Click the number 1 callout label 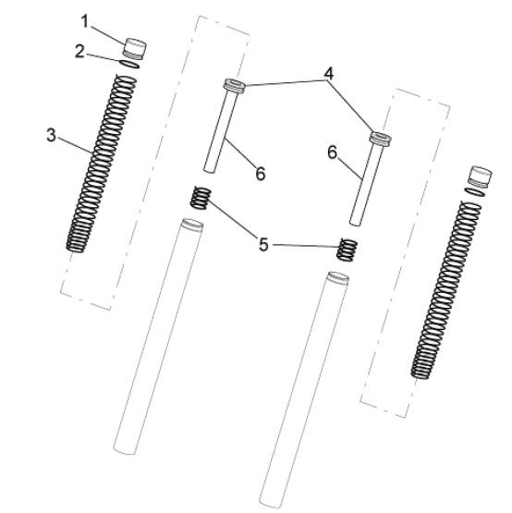click(85, 22)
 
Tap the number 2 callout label click(79, 52)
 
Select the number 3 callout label click(51, 135)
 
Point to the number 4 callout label click(328, 74)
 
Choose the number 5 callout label click(263, 244)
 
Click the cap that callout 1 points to click(134, 49)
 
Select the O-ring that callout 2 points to click(130, 65)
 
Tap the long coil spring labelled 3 click(102, 164)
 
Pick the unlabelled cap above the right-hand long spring click(480, 177)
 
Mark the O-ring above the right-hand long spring click(475, 192)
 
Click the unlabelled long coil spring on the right click(446, 290)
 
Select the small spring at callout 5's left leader click(201, 198)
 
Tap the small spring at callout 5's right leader click(347, 250)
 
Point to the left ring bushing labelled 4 click(234, 86)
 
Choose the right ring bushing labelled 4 click(381, 139)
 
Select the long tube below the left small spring click(158, 336)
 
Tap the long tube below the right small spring click(304, 390)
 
